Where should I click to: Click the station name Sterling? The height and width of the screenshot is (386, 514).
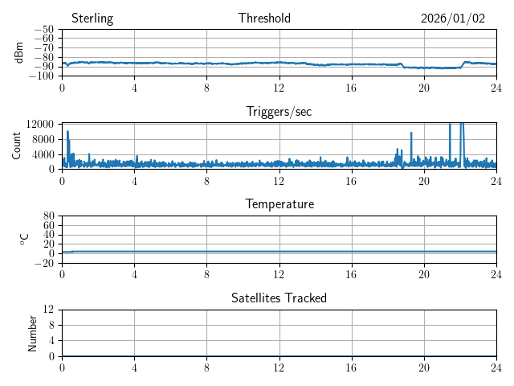[92, 18]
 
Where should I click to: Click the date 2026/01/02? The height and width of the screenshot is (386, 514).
[453, 18]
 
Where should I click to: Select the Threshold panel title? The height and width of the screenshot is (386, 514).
[264, 18]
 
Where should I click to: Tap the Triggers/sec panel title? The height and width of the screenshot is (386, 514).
[279, 112]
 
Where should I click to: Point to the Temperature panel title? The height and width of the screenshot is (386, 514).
[279, 205]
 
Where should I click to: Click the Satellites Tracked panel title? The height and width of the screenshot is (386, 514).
[279, 298]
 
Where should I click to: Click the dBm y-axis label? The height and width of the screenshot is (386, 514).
[19, 52]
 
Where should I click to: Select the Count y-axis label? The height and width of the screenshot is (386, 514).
[17, 146]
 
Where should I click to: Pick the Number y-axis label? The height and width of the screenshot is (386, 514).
[33, 332]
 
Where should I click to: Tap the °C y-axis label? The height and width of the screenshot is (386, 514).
[24, 239]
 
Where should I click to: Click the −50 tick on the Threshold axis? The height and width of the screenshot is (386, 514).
[43, 30]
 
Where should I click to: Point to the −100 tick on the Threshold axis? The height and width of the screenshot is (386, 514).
[41, 76]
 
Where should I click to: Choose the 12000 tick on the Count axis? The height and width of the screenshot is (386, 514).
[39, 124]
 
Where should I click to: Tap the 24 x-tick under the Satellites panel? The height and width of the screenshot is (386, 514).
[496, 366]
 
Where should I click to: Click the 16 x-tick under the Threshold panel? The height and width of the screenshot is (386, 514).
[351, 86]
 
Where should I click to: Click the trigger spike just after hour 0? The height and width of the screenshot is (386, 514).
[67, 132]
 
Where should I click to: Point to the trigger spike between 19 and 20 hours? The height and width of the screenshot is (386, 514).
[411, 133]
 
